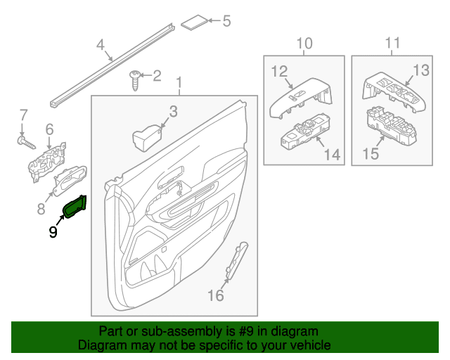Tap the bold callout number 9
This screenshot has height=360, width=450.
(53, 231)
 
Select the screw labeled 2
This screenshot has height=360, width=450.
(134, 80)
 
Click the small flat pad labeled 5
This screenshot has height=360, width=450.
(194, 22)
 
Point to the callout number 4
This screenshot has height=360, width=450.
(100, 45)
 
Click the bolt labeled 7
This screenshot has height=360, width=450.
(27, 143)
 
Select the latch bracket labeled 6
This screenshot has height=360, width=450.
(47, 162)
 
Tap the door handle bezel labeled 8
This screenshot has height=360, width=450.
(70, 180)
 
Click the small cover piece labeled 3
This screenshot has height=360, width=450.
(147, 138)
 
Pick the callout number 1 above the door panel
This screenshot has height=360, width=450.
(179, 83)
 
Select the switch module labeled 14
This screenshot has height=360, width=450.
(305, 131)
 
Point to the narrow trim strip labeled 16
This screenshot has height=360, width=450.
(237, 260)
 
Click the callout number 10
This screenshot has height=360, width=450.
(304, 44)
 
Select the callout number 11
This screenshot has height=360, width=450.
(392, 43)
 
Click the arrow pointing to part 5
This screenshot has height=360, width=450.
(214, 20)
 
